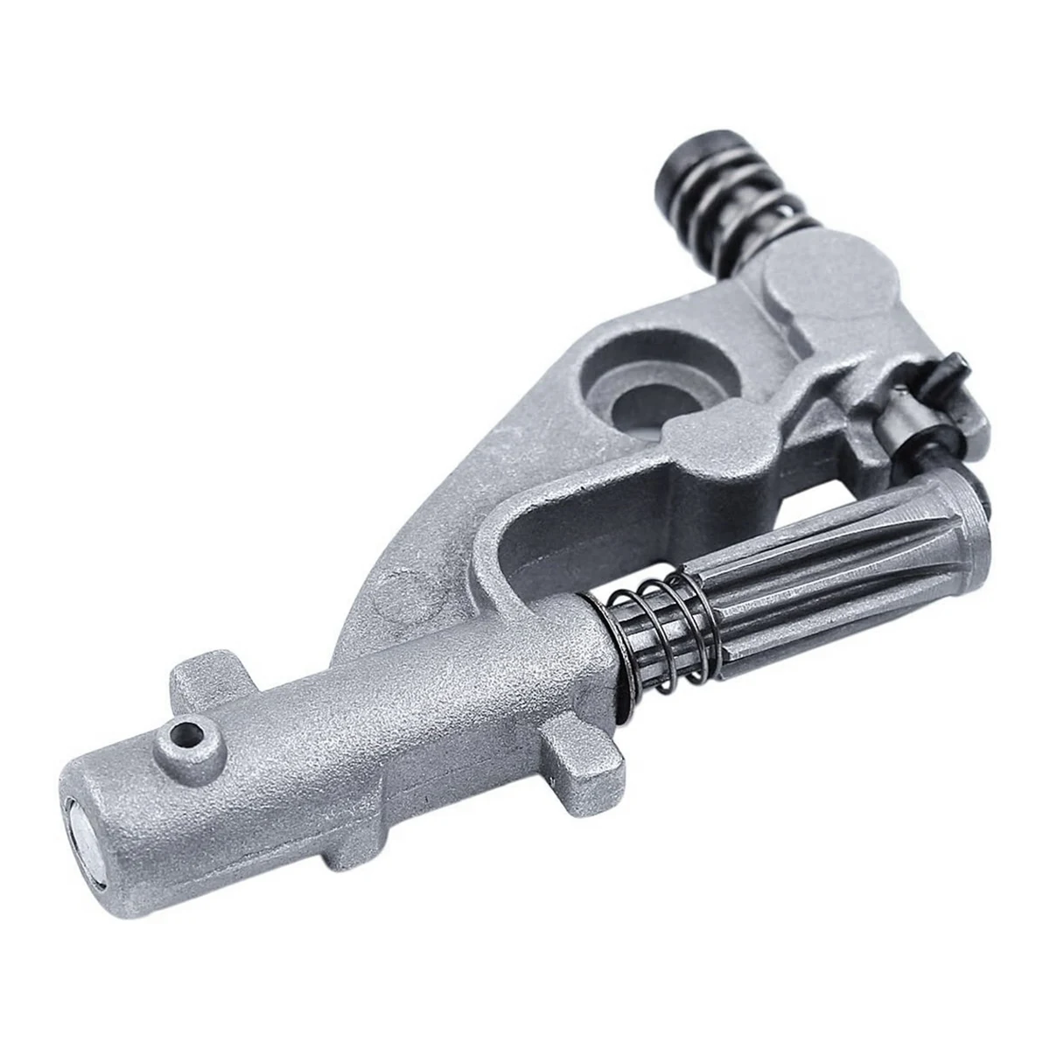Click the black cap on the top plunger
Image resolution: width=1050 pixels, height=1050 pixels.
pyautogui.click(x=692, y=165)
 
